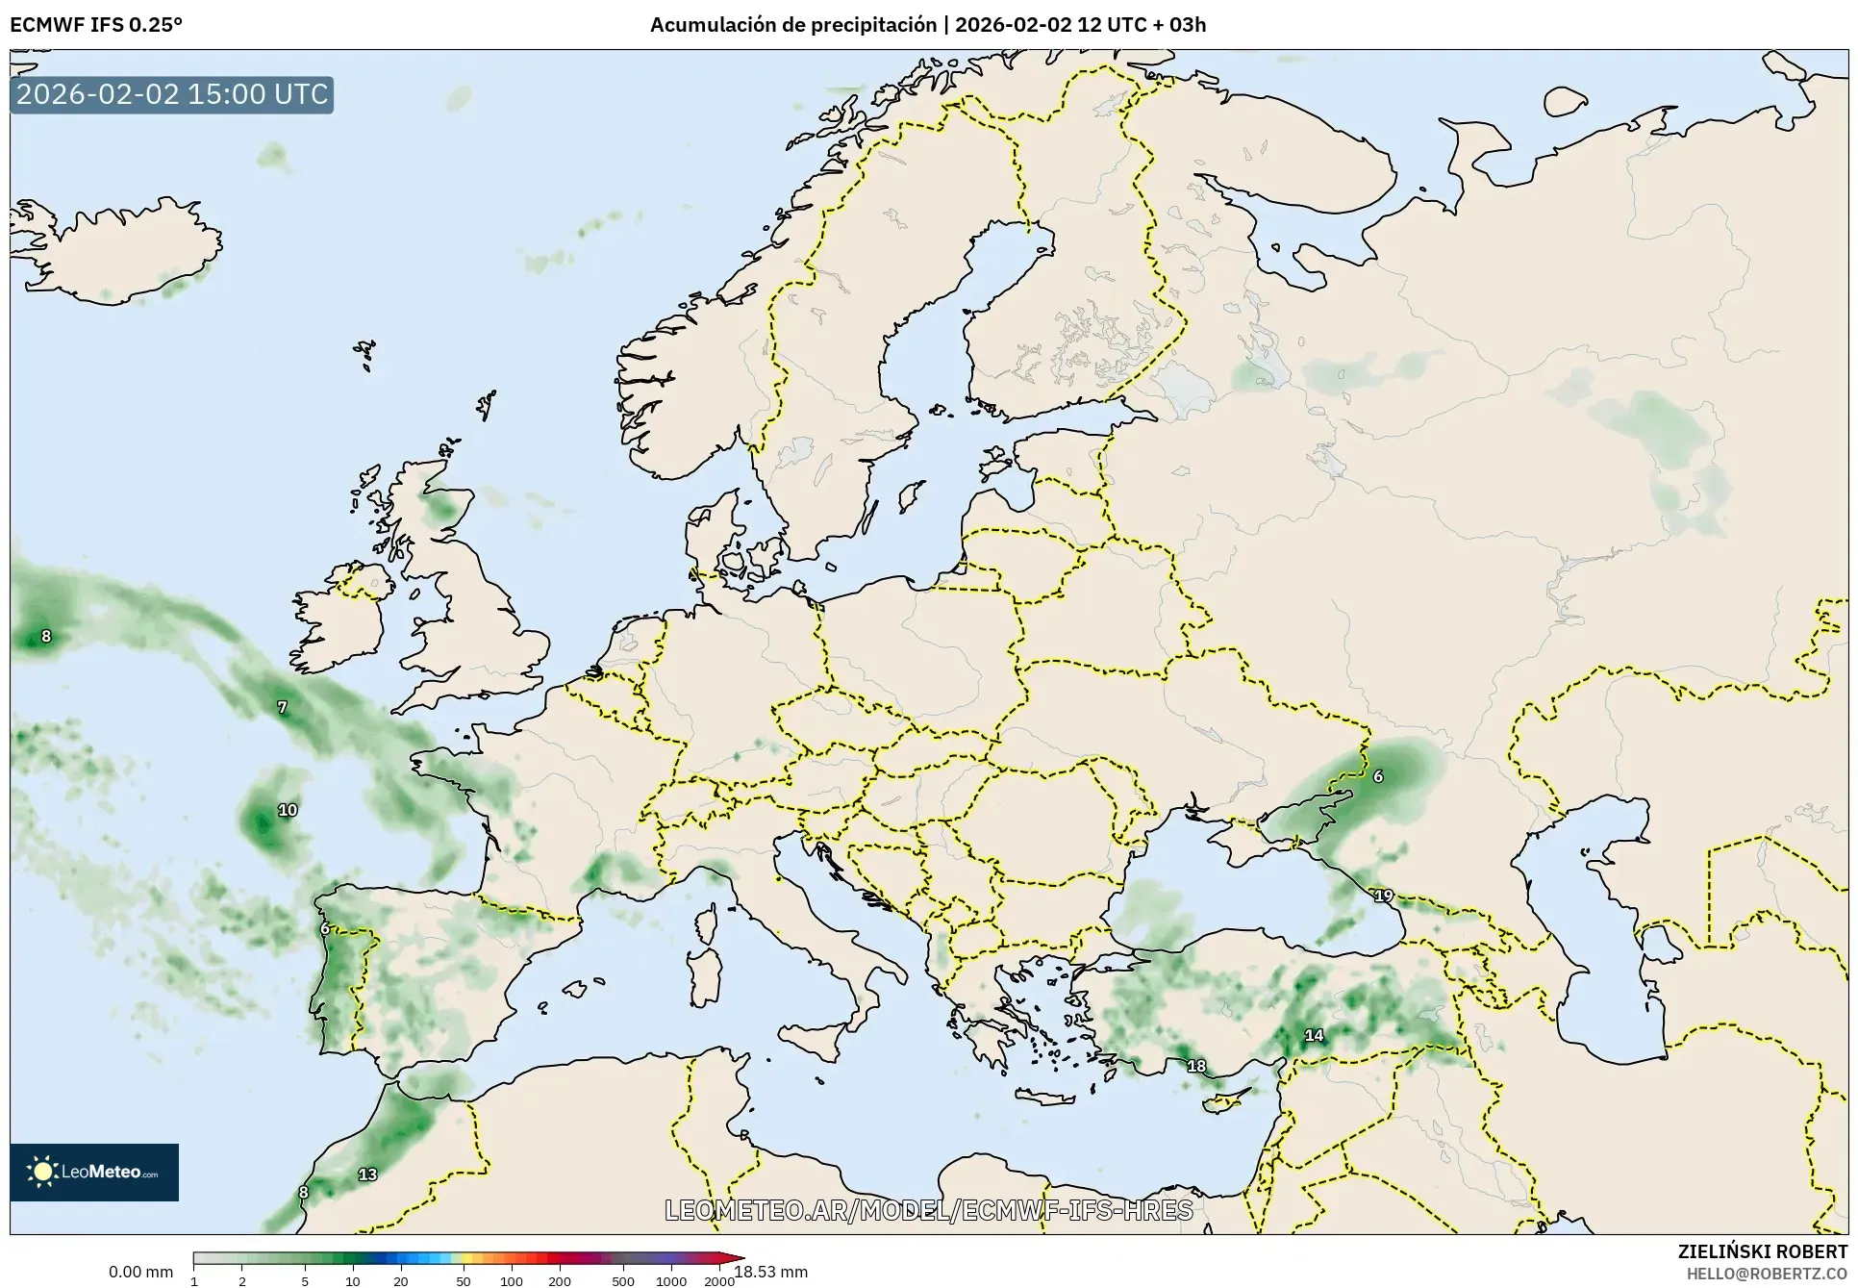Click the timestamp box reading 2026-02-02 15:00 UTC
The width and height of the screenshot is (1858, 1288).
172,94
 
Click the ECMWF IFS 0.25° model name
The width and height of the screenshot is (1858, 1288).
96,25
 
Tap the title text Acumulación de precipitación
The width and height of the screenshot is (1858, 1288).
792,25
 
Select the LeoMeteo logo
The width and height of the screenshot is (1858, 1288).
94,1172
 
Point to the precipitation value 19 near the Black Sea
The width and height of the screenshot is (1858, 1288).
1383,896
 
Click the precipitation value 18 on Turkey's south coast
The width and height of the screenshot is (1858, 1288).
1195,1066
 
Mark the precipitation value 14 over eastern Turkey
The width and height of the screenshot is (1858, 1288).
1314,1036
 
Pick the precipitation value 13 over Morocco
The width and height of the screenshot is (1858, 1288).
367,1174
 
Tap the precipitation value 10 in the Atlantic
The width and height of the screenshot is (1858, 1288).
288,810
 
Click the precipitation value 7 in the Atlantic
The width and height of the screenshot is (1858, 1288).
282,707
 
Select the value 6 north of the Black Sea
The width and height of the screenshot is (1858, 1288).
1377,776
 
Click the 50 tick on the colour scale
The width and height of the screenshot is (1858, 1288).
464,1280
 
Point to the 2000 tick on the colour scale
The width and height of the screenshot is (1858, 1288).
718,1280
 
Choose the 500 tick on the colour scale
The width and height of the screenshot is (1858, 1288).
623,1280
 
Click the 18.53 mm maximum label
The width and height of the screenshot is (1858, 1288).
771,1272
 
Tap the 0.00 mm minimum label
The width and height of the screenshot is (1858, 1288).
140,1272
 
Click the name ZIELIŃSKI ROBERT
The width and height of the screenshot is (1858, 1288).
1762,1251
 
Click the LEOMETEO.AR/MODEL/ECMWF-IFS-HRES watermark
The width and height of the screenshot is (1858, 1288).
928,1210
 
